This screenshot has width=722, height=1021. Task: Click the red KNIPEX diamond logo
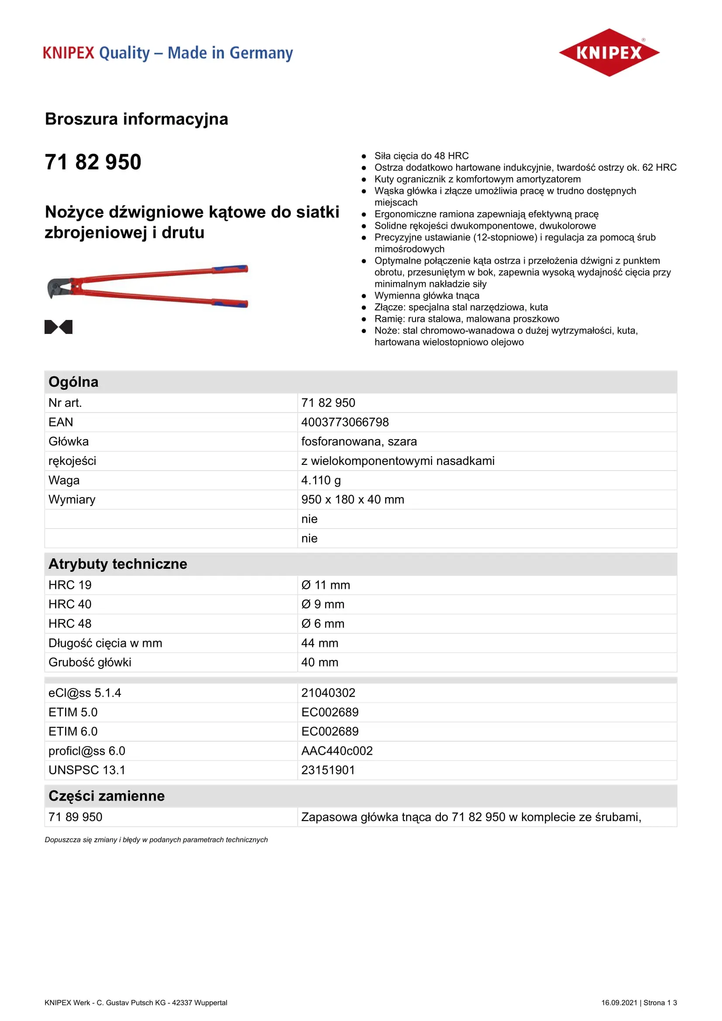coord(609,52)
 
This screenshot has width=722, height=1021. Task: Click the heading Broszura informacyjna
coord(137,119)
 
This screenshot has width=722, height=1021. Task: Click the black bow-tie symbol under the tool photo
coord(58,327)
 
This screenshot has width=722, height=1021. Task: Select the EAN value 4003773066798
coord(344,422)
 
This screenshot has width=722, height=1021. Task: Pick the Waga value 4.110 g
coord(320,480)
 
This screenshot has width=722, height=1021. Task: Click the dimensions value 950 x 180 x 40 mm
coord(352,499)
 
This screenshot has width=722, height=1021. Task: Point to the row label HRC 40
coord(70,604)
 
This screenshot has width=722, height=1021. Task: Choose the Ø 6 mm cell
coord(322,623)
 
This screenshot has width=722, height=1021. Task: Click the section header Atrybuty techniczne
coord(118,564)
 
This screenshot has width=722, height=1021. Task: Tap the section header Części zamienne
coord(107,796)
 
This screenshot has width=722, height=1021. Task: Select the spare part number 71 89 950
coord(76,817)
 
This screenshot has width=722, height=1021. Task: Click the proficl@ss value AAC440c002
coord(337,751)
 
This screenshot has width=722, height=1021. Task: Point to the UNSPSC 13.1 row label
coord(87,770)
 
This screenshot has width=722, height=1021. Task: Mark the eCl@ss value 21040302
coord(328,693)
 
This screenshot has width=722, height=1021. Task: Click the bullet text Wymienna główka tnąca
coord(426,295)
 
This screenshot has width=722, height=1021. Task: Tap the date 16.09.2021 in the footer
coord(619,1002)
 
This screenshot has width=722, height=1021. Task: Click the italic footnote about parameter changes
coord(156,839)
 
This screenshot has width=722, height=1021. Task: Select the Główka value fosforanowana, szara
coord(359,442)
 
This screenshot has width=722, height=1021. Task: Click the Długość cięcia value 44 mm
coord(319,643)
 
